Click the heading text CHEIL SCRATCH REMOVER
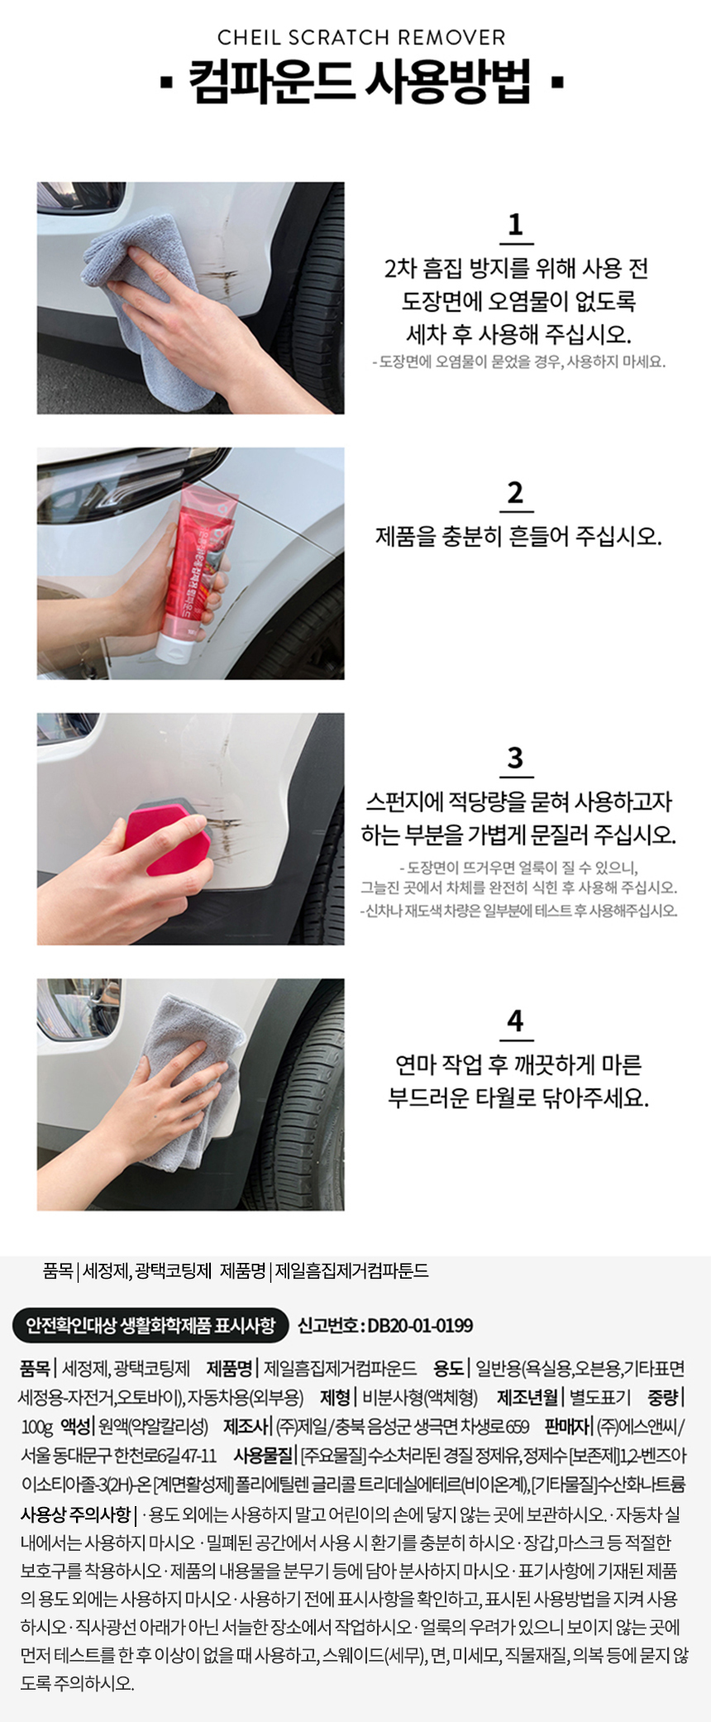coord(361,37)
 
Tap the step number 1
coord(516,224)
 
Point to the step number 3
coord(516,758)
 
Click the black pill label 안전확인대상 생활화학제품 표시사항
coord(150,1325)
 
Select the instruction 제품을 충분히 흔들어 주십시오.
coord(519,537)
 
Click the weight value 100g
coord(37,1427)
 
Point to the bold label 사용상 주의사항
coord(74,1514)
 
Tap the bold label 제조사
coord(246,1427)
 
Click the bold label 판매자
coord(568,1427)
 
